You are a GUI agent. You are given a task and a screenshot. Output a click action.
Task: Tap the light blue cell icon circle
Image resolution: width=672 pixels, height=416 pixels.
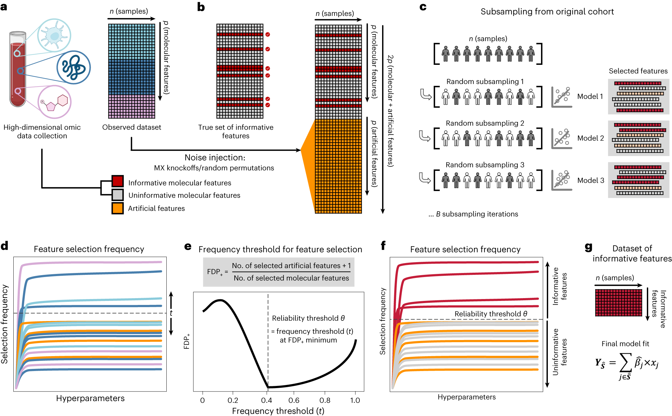54,35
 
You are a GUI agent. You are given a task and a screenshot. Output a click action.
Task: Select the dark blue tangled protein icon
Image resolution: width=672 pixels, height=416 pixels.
73,67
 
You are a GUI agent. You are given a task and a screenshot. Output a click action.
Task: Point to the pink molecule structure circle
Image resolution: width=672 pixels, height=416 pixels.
54,102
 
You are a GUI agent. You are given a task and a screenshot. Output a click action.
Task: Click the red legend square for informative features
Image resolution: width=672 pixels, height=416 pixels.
118,181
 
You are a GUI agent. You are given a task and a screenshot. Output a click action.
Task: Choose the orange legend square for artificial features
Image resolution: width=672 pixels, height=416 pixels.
118,208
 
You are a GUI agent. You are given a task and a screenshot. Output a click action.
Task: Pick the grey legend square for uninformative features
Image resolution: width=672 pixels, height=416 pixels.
118,195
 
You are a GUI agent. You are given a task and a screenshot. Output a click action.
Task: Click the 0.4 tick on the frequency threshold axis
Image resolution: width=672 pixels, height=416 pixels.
267,400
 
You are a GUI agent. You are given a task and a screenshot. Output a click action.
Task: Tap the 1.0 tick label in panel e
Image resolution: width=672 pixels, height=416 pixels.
355,400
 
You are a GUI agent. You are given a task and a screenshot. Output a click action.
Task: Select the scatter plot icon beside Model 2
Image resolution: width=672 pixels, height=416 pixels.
562,139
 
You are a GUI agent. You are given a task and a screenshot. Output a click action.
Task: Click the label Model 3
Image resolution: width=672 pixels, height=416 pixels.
590,180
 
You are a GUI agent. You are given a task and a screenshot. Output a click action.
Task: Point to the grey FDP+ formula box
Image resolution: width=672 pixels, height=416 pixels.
278,272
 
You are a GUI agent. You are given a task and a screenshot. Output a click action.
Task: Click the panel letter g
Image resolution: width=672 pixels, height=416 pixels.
588,247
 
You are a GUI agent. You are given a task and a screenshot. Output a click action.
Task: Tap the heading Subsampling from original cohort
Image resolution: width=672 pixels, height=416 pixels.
547,11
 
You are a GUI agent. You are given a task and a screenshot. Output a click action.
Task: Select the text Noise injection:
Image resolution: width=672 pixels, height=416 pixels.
215,158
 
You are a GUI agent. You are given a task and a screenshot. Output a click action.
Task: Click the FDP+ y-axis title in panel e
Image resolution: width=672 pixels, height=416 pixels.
187,342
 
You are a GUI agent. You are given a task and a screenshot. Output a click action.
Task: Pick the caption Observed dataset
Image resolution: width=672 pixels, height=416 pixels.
132,127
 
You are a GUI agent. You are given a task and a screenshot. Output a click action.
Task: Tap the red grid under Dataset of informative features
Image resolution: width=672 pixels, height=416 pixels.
618,302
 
